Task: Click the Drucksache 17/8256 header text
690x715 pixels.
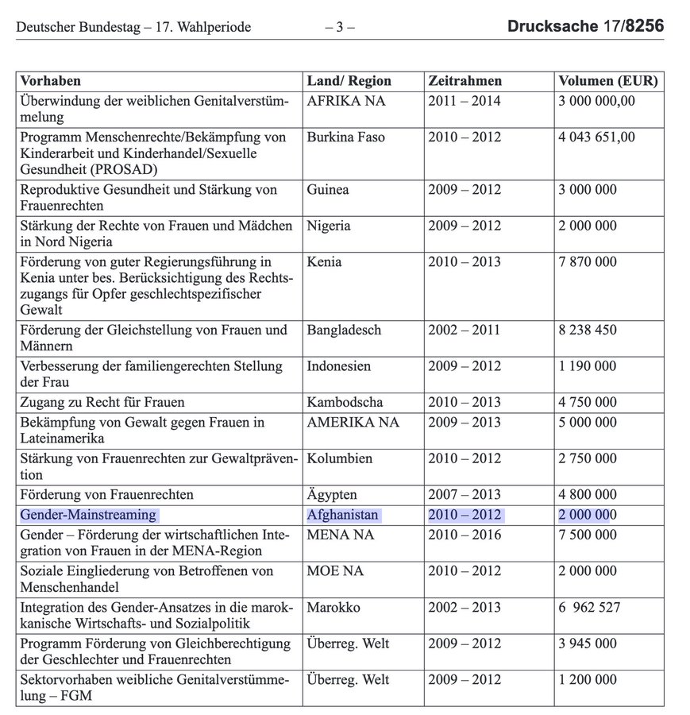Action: coord(586,27)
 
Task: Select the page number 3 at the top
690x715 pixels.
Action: coord(339,28)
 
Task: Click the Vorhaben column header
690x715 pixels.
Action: coord(51,81)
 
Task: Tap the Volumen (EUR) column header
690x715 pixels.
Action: coord(608,81)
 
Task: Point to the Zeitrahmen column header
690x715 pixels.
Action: coord(464,81)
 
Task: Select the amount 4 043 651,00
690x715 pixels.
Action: coord(597,137)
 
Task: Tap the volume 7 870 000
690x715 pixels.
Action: coord(588,261)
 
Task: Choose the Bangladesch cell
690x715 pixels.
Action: coord(344,330)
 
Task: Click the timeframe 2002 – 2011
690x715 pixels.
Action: coord(464,330)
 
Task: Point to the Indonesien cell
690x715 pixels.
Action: coord(339,367)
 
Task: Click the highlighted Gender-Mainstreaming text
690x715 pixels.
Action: coord(89,516)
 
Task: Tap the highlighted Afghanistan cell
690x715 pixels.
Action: coord(343,516)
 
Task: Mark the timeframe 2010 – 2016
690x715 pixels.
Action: coord(464,535)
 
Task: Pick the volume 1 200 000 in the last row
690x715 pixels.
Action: coord(588,681)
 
